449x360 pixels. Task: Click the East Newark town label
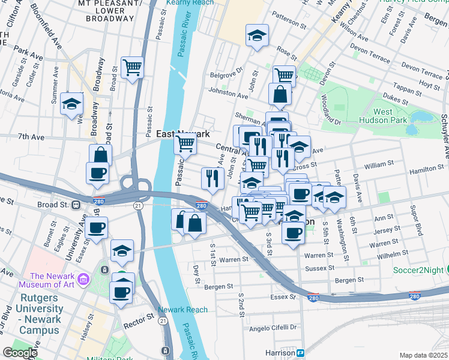(x=182, y=134)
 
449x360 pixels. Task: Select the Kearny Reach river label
(x=187, y=4)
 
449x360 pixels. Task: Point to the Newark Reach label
(x=182, y=310)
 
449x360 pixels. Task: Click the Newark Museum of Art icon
(x=83, y=278)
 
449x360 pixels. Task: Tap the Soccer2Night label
(x=421, y=270)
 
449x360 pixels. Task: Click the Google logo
(x=20, y=353)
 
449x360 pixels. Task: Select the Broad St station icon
(x=76, y=204)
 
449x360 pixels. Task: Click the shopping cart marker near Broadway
(x=132, y=67)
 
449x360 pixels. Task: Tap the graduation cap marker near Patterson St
(x=257, y=36)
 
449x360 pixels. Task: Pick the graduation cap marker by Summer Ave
(x=71, y=103)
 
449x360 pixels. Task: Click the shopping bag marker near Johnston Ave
(x=280, y=95)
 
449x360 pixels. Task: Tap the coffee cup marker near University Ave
(x=96, y=228)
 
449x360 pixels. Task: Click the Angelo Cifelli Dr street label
(x=273, y=328)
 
